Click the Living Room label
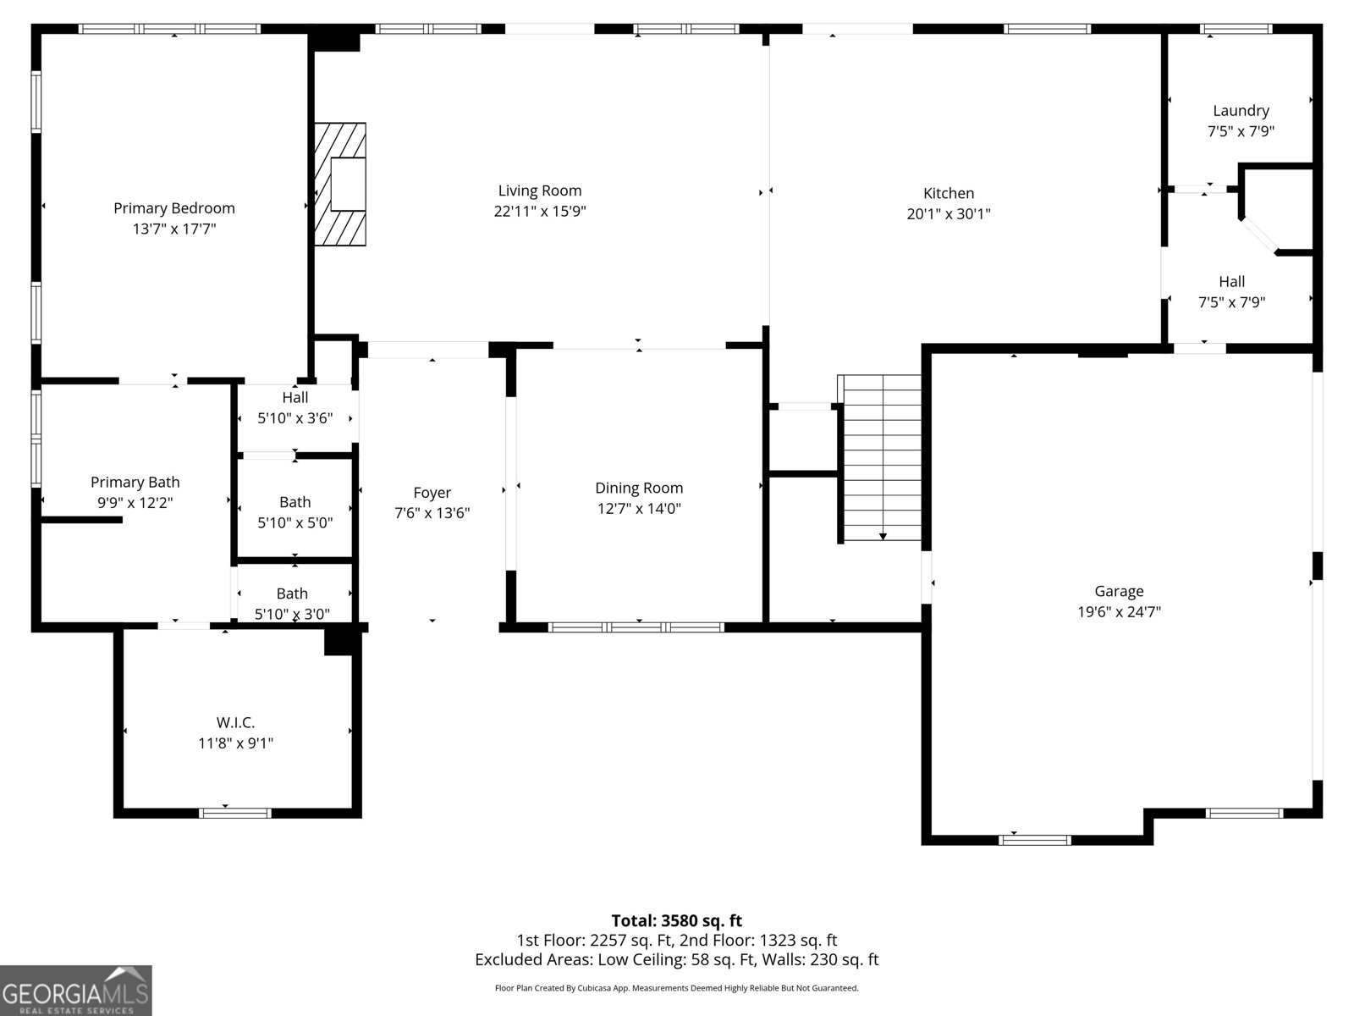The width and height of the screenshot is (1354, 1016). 540,190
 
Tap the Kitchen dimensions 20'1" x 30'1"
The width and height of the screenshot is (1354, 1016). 948,213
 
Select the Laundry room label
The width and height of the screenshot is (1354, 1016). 1241,110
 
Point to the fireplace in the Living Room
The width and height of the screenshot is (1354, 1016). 340,185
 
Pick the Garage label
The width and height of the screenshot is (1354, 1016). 1119,591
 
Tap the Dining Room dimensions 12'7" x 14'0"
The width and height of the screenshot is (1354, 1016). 639,508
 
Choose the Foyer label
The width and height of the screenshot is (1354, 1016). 432,492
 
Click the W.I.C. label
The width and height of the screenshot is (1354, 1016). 235,721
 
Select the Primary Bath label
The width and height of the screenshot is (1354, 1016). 135,482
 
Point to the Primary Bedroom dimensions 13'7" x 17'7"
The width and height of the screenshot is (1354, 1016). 174,229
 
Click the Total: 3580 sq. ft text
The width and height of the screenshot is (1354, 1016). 677,920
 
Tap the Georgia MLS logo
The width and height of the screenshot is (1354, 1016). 76,991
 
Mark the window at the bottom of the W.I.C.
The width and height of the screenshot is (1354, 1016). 235,813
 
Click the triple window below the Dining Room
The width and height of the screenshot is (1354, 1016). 636,627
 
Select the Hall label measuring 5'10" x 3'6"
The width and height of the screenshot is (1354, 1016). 294,397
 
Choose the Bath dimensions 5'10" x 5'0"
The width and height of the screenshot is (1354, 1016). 294,522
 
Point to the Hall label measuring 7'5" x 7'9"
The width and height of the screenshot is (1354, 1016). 1231,281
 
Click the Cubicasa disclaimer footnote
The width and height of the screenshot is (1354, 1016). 677,987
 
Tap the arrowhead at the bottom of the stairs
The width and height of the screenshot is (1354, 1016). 883,537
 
